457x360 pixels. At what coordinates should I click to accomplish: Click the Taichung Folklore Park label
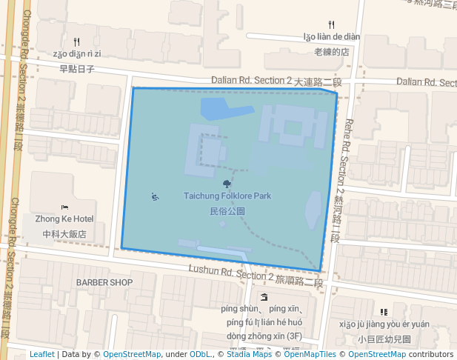click(227, 196)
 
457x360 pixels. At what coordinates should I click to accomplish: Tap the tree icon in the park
click(227, 183)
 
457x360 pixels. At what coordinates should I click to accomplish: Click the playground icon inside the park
click(155, 196)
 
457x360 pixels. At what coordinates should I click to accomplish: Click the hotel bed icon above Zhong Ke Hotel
click(64, 207)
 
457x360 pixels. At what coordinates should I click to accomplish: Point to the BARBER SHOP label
click(104, 282)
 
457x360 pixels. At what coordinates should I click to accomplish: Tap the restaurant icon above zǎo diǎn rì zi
click(77, 41)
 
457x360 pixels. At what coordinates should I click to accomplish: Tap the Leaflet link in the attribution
click(41, 354)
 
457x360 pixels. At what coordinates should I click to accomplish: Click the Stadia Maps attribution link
click(249, 354)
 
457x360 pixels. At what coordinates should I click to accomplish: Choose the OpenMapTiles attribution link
click(307, 354)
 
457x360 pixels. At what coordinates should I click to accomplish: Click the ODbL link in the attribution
click(200, 354)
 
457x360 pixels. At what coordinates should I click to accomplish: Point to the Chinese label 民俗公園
click(227, 211)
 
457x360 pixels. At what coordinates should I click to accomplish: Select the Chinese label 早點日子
click(77, 69)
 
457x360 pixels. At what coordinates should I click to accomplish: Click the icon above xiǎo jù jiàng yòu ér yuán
click(383, 312)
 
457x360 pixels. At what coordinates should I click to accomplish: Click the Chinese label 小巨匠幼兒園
click(383, 339)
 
